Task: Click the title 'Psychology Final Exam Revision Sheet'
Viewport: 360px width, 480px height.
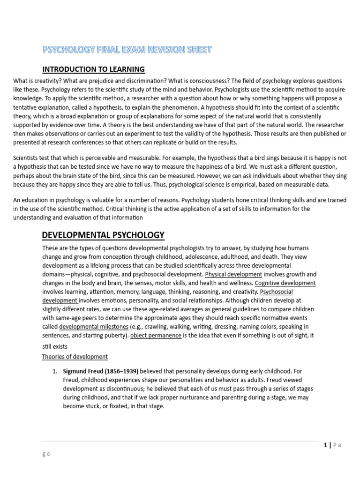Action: [127, 49]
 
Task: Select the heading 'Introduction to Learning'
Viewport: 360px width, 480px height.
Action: [93, 69]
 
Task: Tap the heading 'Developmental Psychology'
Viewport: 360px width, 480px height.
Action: [103, 235]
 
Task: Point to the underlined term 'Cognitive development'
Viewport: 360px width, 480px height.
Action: [285, 283]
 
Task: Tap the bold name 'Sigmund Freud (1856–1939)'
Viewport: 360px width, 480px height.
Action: [101, 371]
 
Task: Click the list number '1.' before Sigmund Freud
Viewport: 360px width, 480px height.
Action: [54, 371]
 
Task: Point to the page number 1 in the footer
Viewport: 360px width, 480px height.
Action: [325, 445]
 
